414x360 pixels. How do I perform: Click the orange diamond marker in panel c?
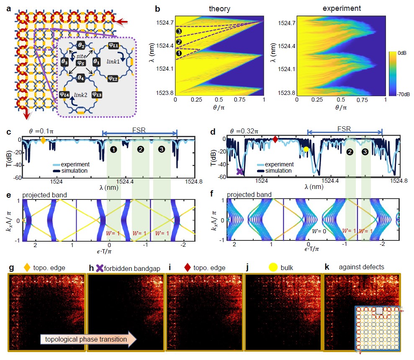click(43, 140)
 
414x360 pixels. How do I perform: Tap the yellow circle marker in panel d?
click(306, 149)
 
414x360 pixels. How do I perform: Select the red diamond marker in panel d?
click(275, 139)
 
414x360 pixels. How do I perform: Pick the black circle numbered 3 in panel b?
click(179, 31)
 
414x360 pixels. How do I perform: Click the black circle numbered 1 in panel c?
click(113, 149)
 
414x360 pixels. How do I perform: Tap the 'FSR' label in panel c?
click(140, 126)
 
